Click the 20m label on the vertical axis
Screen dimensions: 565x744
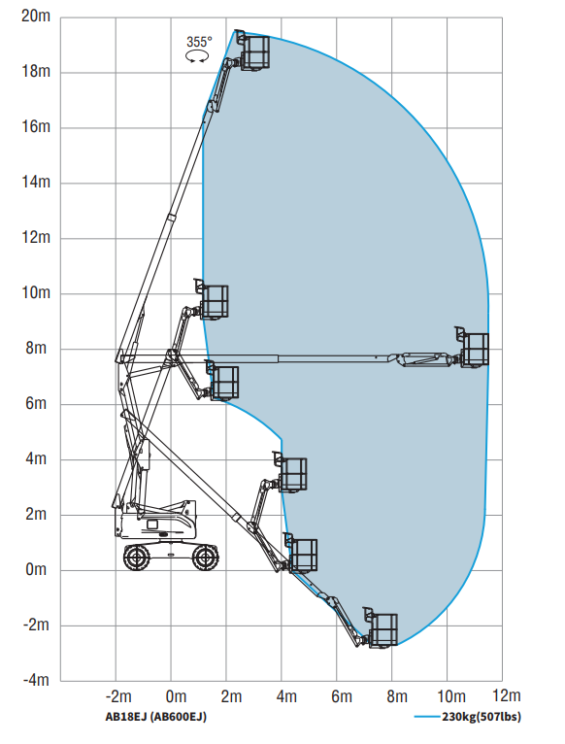click(36, 16)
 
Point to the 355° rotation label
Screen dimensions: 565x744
click(199, 42)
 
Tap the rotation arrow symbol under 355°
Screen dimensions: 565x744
click(197, 57)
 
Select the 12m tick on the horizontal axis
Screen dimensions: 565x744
click(507, 695)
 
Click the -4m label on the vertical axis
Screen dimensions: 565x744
click(36, 680)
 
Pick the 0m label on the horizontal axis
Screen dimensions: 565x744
click(176, 696)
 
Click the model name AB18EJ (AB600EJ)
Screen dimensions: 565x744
click(156, 717)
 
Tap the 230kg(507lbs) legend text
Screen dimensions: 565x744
click(482, 717)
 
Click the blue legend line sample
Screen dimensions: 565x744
click(427, 717)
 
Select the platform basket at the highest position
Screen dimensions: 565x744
click(254, 51)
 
